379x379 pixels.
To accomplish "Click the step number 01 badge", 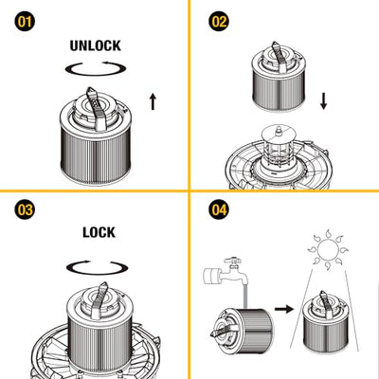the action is tap(25, 22).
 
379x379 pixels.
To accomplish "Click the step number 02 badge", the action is tap(219, 22).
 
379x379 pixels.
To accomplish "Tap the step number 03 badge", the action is tap(25, 209).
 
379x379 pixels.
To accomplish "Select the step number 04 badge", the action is tap(219, 209).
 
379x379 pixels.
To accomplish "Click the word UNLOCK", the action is tap(96, 45).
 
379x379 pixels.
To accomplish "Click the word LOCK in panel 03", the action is tap(99, 232).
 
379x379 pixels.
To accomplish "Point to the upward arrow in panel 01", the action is tap(153, 101).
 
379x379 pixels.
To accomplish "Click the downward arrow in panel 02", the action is tap(323, 101).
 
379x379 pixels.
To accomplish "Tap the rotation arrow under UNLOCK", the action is tap(96, 75).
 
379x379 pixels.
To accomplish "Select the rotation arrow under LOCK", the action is tap(98, 273).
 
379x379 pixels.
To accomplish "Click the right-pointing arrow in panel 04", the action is tap(284, 309).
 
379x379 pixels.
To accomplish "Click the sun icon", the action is tap(328, 248).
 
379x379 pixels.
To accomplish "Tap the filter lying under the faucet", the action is tap(243, 330).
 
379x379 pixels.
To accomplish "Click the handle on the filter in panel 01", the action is tap(96, 109).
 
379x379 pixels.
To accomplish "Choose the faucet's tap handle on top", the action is tap(233, 261).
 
